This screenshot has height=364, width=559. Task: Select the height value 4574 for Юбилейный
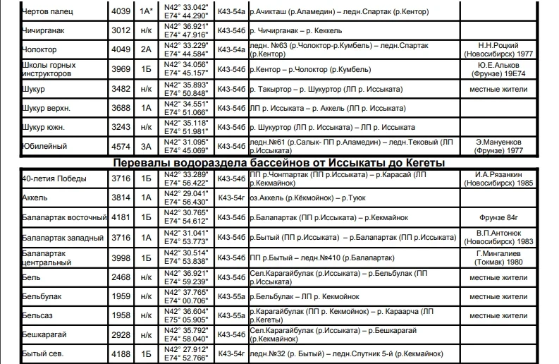click(x=121, y=147)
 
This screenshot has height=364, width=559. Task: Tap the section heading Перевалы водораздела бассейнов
click(x=279, y=163)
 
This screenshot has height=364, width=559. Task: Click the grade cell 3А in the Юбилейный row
click(x=146, y=147)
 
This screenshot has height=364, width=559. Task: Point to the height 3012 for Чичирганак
click(x=121, y=31)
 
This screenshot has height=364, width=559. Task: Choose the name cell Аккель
click(x=35, y=198)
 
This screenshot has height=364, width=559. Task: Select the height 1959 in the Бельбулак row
click(x=121, y=297)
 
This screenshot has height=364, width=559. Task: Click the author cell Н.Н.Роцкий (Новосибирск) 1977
click(x=503, y=50)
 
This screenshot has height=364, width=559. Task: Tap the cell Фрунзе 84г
click(x=503, y=218)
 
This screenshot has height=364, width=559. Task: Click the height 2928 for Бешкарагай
click(x=121, y=334)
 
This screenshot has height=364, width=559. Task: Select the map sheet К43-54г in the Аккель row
click(x=231, y=198)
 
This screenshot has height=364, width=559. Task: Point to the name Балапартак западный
click(x=63, y=238)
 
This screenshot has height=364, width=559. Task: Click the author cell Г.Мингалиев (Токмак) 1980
click(x=503, y=257)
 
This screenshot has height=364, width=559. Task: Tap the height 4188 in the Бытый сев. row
click(x=121, y=353)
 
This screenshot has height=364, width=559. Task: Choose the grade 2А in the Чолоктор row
click(x=146, y=50)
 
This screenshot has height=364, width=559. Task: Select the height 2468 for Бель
click(x=121, y=277)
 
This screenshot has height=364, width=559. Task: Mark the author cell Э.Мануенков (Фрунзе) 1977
click(x=503, y=147)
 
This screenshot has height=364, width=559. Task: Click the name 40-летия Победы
click(x=53, y=178)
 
